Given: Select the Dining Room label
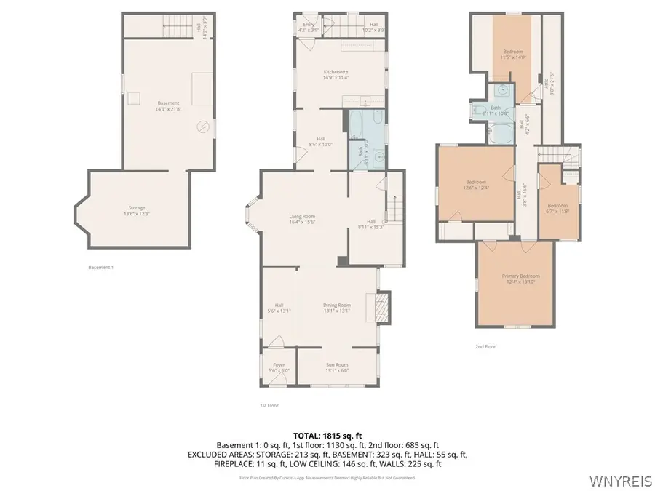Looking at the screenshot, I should pyautogui.click(x=337, y=308).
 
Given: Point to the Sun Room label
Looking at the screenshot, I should pyautogui.click(x=337, y=367).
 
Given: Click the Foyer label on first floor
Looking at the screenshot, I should pyautogui.click(x=279, y=367).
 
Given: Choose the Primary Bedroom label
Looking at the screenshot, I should pyautogui.click(x=520, y=279).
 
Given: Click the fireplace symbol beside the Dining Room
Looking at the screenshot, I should pyautogui.click(x=383, y=306).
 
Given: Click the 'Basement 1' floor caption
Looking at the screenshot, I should pyautogui.click(x=100, y=268).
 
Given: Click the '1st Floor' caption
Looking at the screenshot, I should pyautogui.click(x=269, y=405).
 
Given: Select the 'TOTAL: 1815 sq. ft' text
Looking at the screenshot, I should pyautogui.click(x=327, y=434).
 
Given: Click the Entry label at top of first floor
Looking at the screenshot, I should pyautogui.click(x=308, y=27).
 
